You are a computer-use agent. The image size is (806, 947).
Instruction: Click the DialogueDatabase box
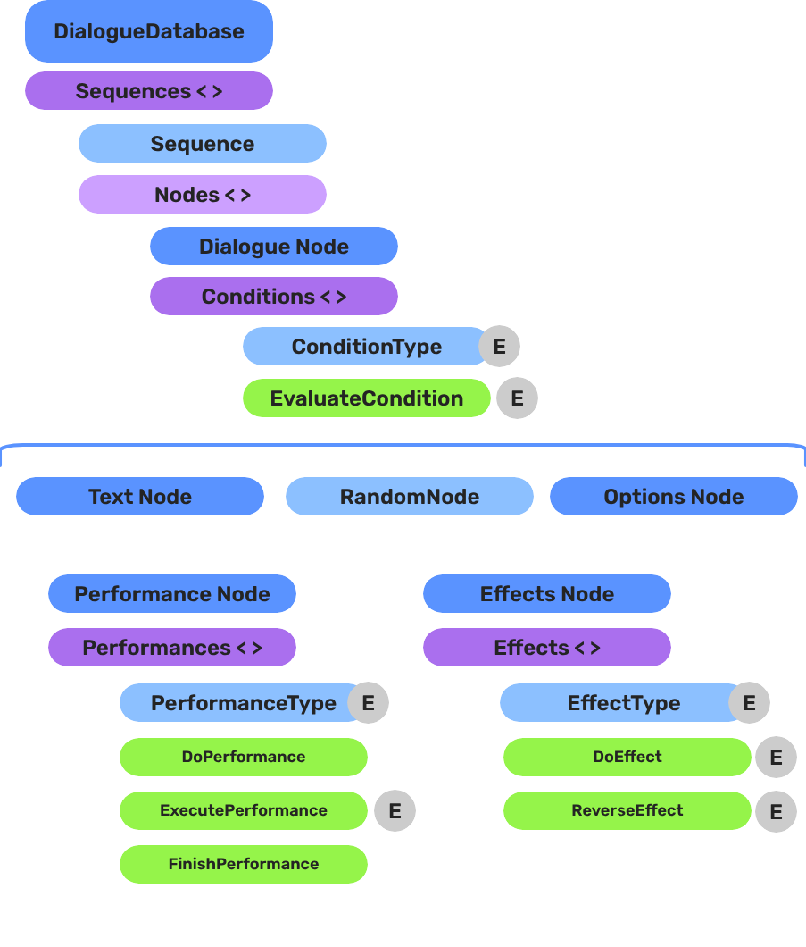(148, 31)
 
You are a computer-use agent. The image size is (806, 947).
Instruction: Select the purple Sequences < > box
(148, 91)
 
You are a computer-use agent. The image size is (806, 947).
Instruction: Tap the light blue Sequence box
(202, 144)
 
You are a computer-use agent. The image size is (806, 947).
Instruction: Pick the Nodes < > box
(202, 195)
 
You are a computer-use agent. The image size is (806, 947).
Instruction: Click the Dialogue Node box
(273, 247)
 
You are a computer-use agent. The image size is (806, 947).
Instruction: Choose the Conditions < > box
(273, 297)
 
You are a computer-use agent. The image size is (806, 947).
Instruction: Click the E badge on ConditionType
(499, 347)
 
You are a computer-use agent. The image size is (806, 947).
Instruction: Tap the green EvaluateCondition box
(366, 398)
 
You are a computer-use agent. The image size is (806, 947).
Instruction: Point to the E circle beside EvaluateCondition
(517, 398)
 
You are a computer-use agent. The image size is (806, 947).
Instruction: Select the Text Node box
(140, 497)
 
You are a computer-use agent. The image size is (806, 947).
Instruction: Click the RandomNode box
(409, 497)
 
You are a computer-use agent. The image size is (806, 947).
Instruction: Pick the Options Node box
(673, 497)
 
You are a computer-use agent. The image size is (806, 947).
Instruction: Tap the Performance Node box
(171, 594)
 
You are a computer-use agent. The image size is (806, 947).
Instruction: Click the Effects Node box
(546, 594)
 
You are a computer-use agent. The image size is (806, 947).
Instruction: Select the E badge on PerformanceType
(368, 704)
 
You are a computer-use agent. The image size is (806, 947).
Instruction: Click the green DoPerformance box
(243, 757)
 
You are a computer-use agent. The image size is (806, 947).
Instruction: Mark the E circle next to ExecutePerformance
(395, 811)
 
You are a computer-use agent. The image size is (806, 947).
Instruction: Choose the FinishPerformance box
(243, 864)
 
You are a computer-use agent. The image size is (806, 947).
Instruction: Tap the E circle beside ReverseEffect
(776, 811)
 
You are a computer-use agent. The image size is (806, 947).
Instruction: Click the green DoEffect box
(627, 757)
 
